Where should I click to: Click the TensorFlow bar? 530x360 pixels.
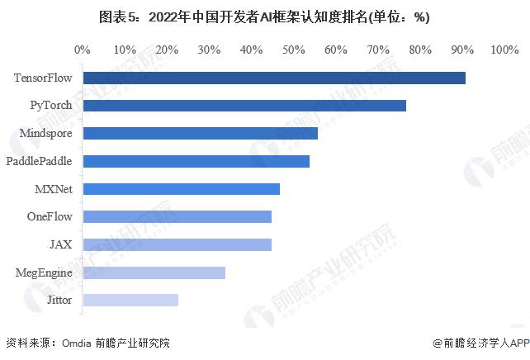point(274,78)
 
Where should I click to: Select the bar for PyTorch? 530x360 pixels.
point(244,106)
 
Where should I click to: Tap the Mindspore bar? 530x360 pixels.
point(201,133)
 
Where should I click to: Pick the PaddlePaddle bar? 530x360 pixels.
point(196,161)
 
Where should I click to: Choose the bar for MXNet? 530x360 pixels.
point(182,189)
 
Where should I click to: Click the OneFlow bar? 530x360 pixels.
point(177,216)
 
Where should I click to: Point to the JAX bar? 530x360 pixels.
point(177,244)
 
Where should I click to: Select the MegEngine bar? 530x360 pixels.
point(154,272)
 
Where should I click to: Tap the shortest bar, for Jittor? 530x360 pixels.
point(130,300)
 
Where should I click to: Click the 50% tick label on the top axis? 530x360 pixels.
point(294,50)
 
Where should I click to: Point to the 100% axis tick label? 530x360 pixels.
point(504,50)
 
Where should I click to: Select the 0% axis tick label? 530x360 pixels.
point(83,50)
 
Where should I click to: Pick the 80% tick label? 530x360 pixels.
point(420,50)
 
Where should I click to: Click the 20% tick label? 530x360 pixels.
point(167,50)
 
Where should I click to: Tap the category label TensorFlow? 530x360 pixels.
point(43,78)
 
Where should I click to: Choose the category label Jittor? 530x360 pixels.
point(59,300)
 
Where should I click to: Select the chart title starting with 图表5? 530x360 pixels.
point(264,17)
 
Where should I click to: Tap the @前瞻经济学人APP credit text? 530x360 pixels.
point(480,343)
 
